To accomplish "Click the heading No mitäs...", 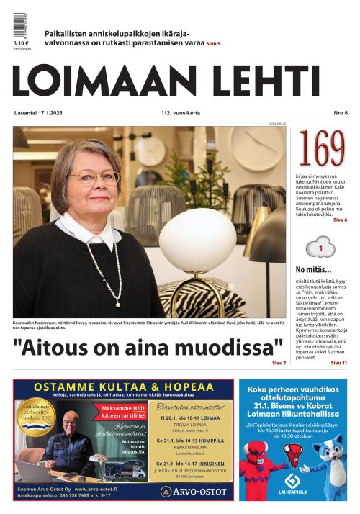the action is click(311, 270).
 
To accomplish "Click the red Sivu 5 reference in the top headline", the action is click(213, 44).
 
